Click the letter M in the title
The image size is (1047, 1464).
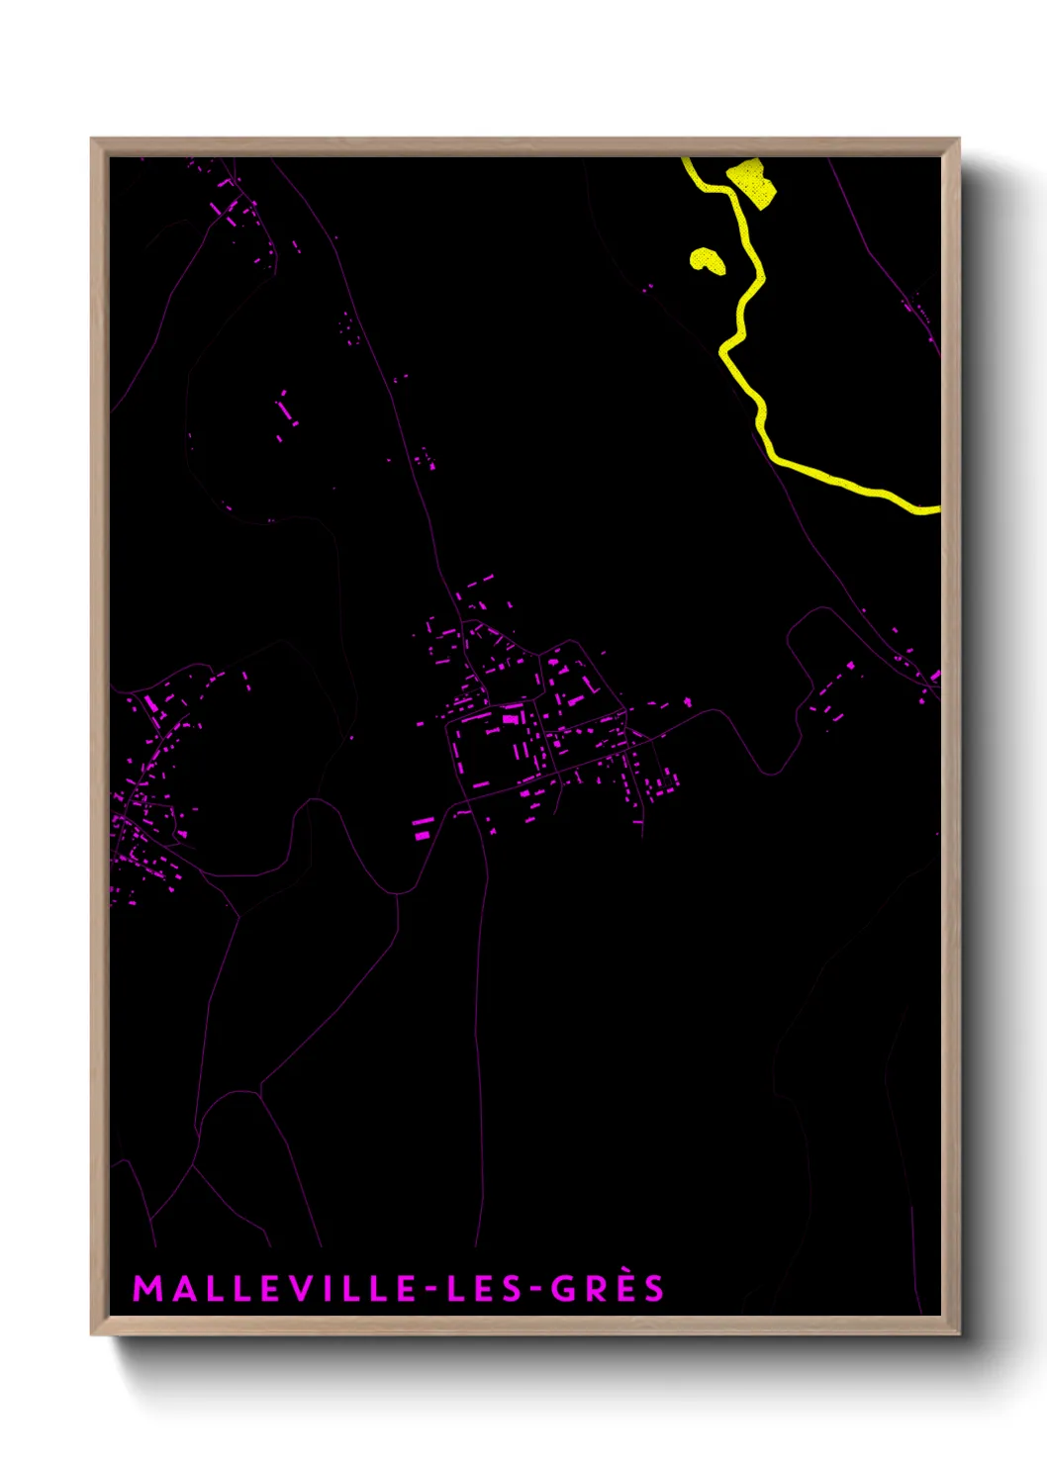tap(146, 1288)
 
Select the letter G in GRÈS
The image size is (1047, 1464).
tap(563, 1288)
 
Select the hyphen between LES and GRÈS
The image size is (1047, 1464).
tap(534, 1289)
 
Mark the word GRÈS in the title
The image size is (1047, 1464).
tap(607, 1288)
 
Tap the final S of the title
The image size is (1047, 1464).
tap(653, 1288)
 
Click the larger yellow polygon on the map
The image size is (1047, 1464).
tap(752, 183)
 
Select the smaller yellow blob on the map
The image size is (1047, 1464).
tap(707, 260)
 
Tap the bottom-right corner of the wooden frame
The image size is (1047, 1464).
tap(958, 1333)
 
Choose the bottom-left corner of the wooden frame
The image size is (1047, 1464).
tap(93, 1333)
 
